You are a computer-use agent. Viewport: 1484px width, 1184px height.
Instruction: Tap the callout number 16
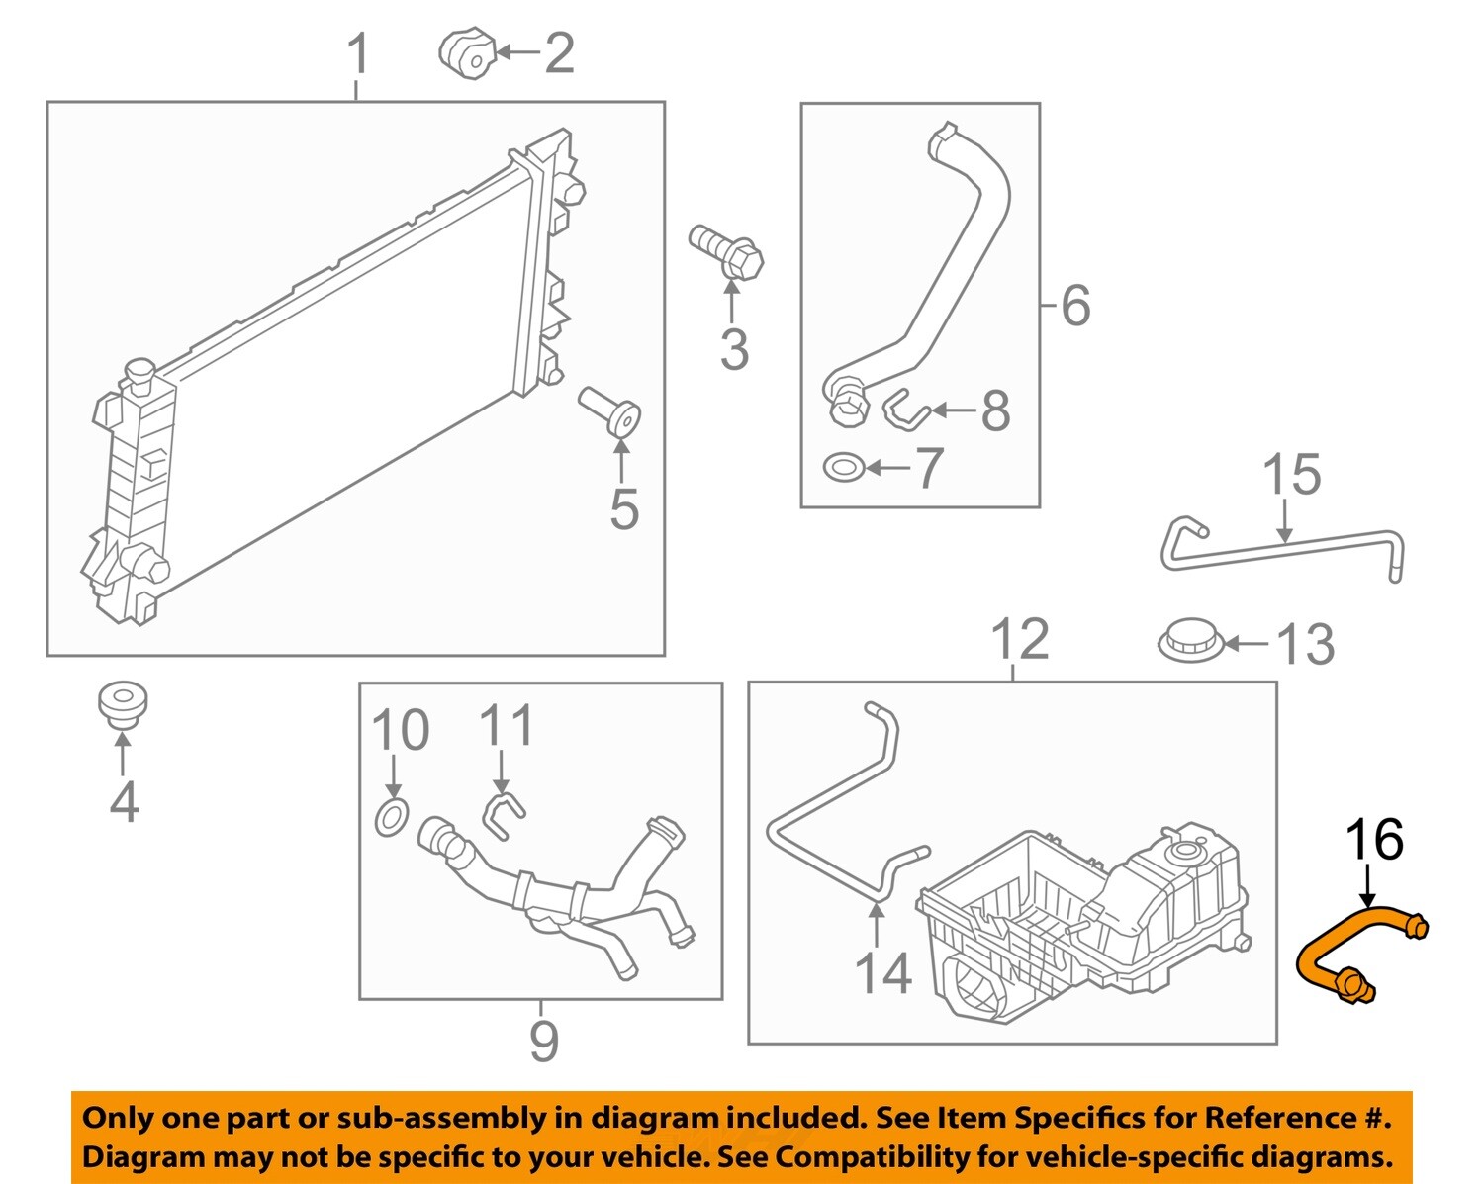[x=1374, y=840]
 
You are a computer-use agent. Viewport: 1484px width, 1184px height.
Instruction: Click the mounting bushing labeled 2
[x=467, y=53]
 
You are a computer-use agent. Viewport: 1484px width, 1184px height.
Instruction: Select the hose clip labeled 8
[x=902, y=410]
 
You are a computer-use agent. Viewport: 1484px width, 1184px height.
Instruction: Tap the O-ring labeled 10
[x=392, y=818]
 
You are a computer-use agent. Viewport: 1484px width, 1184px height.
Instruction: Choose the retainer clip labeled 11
[x=503, y=811]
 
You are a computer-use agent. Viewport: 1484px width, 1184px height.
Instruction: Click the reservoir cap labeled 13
[x=1191, y=640]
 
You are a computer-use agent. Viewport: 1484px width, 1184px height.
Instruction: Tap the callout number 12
[x=1019, y=640]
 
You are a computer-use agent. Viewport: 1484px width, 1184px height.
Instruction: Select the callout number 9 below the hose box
[x=543, y=1040]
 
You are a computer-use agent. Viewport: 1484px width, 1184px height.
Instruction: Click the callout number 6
[x=1075, y=305]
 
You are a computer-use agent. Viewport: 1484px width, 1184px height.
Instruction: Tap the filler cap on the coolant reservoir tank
[x=1182, y=852]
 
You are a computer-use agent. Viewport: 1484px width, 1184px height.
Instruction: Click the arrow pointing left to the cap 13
[x=1247, y=644]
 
